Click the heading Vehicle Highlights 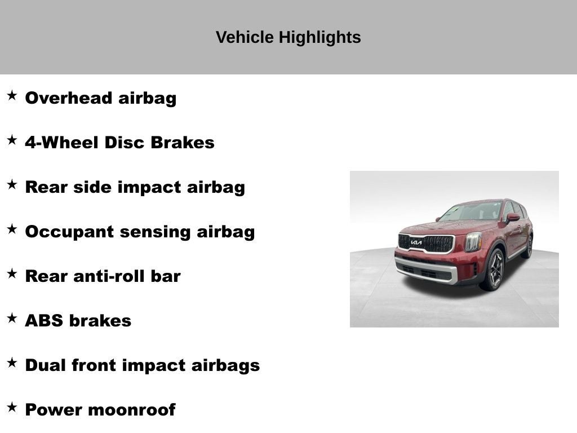pyautogui.click(x=288, y=37)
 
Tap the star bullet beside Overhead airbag pyautogui.click(x=12, y=96)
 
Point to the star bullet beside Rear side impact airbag pyautogui.click(x=12, y=185)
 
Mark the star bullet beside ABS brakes pyautogui.click(x=12, y=319)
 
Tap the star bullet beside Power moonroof pyautogui.click(x=12, y=408)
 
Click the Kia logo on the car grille pyautogui.click(x=416, y=242)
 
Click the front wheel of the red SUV pyautogui.click(x=494, y=270)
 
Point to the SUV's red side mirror pyautogui.click(x=512, y=218)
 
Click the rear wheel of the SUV pyautogui.click(x=528, y=246)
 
